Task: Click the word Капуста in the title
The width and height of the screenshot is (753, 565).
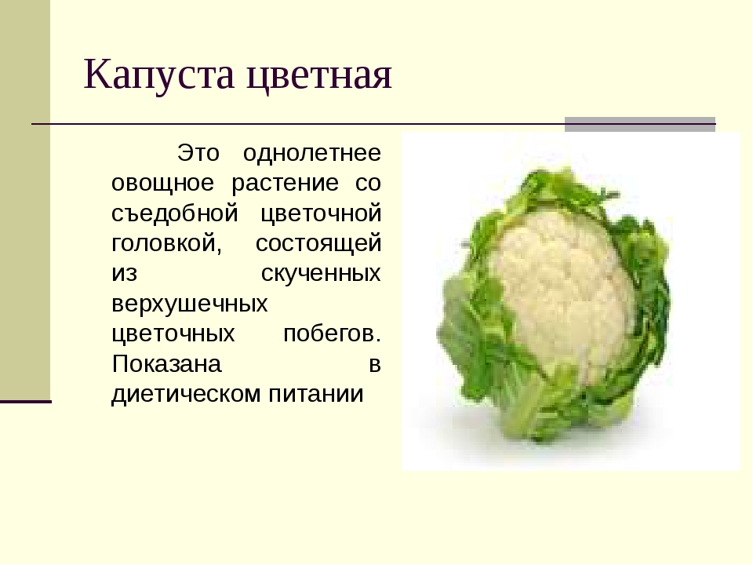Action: tap(159, 75)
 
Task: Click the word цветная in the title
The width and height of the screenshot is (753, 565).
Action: tap(319, 76)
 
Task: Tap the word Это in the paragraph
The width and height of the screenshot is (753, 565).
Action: tap(198, 153)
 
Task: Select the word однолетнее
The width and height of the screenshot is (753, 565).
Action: tap(312, 153)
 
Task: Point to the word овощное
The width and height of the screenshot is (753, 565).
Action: tap(163, 183)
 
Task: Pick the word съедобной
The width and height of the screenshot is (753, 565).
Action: tap(175, 213)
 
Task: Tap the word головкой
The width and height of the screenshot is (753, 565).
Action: tap(166, 243)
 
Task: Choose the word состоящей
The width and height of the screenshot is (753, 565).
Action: tap(318, 244)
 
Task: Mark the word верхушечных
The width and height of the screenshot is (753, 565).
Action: tap(190, 304)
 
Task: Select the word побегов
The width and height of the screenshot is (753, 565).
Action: tap(333, 333)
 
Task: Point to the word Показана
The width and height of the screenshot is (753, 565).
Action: tap(166, 363)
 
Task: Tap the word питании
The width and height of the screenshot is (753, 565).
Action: tap(316, 394)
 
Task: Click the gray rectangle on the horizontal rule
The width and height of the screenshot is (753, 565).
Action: tap(640, 124)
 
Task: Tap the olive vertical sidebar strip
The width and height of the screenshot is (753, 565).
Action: tap(25, 199)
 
